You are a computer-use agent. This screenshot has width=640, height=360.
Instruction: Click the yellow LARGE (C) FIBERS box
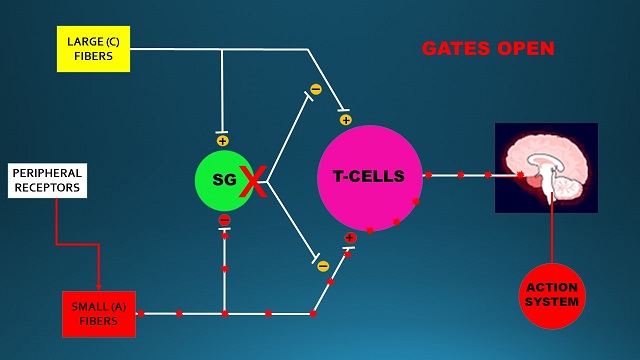[x=93, y=48]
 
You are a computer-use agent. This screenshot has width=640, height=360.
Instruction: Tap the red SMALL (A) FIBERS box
[x=98, y=313]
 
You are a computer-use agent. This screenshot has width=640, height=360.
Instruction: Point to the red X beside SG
[x=253, y=182]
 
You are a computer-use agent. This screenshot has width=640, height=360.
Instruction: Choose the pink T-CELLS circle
[x=369, y=177]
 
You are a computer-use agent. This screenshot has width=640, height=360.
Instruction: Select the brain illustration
[x=546, y=167]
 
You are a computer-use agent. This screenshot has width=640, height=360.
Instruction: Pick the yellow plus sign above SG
[x=222, y=141]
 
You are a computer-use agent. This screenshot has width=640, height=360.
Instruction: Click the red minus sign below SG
[x=224, y=219]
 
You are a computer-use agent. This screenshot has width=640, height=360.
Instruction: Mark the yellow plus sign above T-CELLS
[x=345, y=120]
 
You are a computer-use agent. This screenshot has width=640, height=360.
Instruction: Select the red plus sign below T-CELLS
[x=350, y=238]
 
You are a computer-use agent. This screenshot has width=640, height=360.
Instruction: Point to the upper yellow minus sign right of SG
[x=315, y=89]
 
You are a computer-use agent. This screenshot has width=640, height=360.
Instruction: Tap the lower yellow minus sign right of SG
[x=321, y=266]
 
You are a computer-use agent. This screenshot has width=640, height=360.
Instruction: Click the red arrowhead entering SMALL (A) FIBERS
[x=98, y=285]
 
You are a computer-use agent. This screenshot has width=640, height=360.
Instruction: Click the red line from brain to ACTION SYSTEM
[x=552, y=235]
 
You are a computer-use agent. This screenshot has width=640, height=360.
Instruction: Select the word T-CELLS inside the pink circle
[x=368, y=177]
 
